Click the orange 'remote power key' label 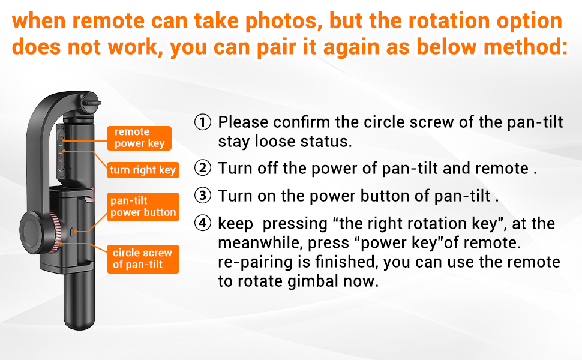[139, 138]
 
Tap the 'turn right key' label [143, 170]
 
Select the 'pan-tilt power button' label [143, 207]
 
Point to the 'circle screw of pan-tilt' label [143, 259]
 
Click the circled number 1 [203, 122]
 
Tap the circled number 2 [203, 168]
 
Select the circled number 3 [203, 196]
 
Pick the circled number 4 [203, 223]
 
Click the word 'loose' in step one [275, 142]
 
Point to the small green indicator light [71, 221]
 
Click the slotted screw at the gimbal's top [90, 103]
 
